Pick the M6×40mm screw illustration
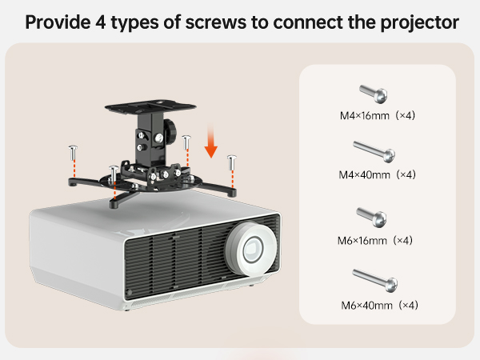[x=375, y=280]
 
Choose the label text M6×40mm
[x=366, y=305]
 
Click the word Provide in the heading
[x=58, y=21]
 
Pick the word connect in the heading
[x=307, y=21]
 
